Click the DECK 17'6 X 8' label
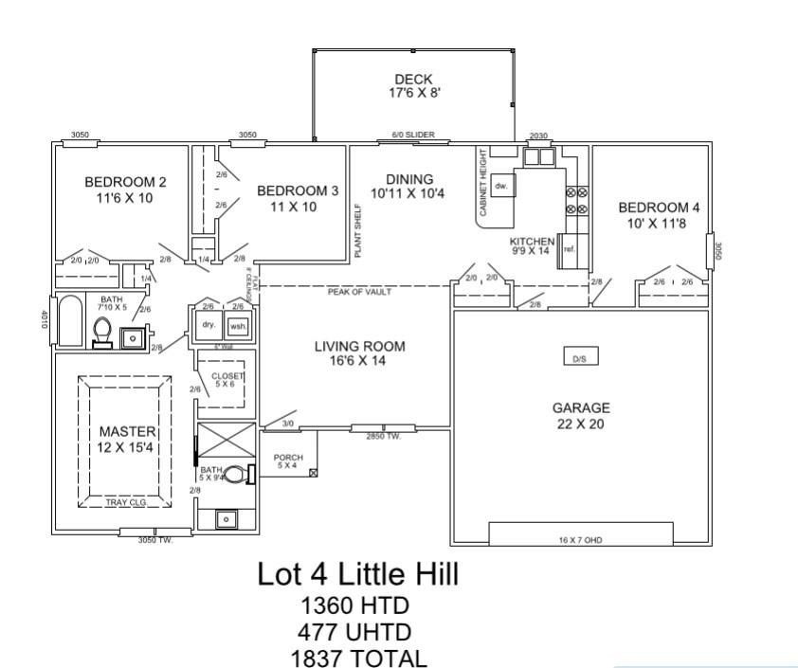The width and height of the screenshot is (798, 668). [413, 86]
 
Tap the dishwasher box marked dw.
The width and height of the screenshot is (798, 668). [502, 186]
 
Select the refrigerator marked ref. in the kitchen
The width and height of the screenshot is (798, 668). [570, 249]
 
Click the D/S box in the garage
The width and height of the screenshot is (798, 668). [578, 359]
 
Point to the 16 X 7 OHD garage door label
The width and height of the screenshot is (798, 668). [580, 541]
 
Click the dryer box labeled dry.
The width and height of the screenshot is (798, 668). [209, 325]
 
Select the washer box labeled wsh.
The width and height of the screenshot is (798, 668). [237, 325]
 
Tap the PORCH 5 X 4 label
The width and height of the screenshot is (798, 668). [288, 461]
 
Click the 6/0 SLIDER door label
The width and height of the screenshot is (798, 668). [413, 135]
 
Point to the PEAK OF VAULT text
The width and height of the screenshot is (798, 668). [360, 292]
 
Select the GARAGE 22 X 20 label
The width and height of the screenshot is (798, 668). [581, 415]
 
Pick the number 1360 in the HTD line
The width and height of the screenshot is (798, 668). [317, 605]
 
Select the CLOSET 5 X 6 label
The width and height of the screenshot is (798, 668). [227, 380]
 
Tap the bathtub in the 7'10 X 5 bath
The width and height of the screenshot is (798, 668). [71, 322]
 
